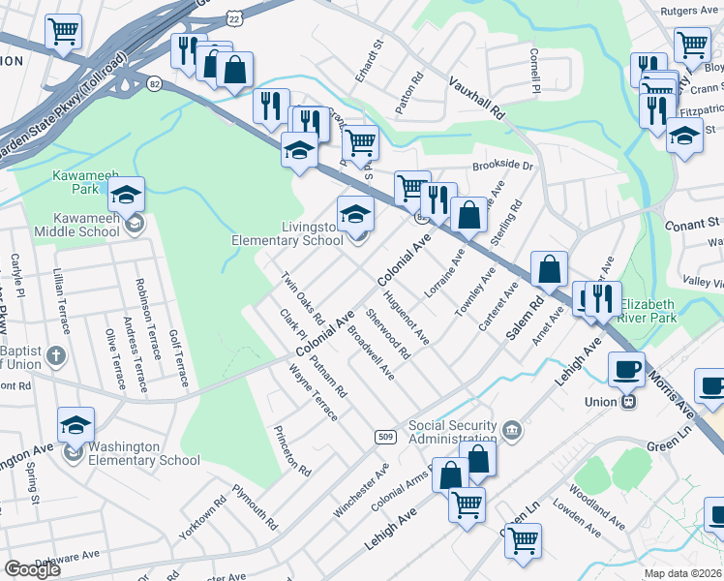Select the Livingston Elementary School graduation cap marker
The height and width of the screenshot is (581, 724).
[x=355, y=213]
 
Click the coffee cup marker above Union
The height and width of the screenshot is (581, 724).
[x=626, y=369]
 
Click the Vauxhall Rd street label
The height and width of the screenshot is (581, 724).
[x=477, y=100]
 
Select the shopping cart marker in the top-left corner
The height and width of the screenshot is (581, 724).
[x=63, y=31]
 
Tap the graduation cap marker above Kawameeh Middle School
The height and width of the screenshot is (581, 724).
[x=126, y=195]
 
